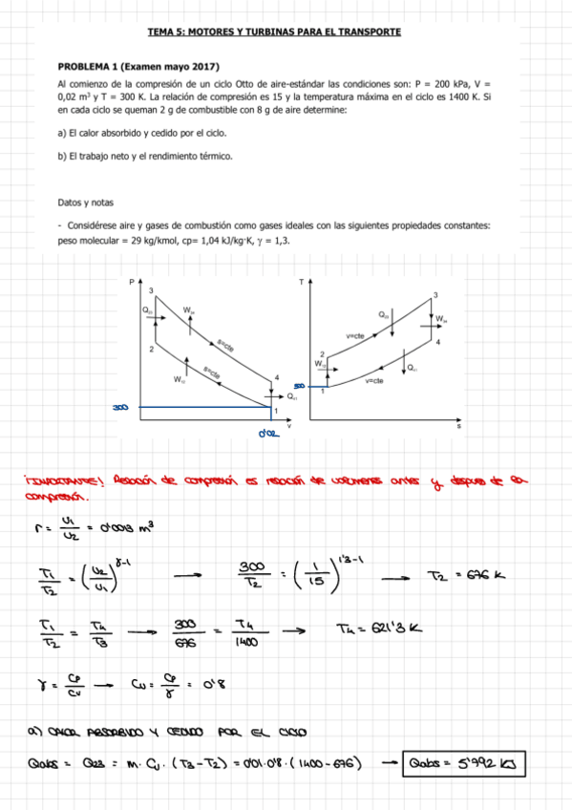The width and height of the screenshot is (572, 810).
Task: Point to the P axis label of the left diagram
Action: click(132, 283)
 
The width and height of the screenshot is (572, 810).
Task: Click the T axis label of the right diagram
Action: click(301, 283)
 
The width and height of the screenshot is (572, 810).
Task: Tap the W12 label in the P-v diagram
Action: click(179, 379)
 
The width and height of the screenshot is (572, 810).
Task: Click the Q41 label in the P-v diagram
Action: click(292, 394)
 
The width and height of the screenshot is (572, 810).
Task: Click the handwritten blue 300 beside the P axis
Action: click(119, 408)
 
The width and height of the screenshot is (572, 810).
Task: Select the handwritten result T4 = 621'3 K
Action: click(378, 628)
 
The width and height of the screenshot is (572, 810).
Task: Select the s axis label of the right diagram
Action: click(458, 427)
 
